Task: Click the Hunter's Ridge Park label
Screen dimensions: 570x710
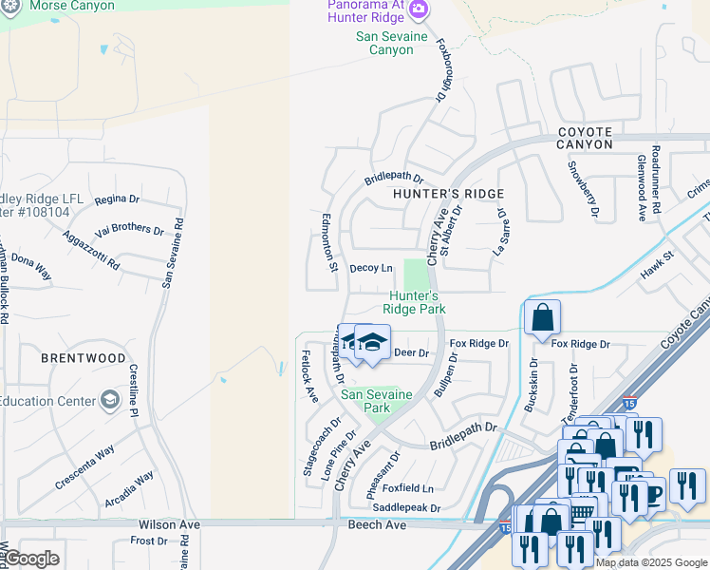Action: pyautogui.click(x=415, y=302)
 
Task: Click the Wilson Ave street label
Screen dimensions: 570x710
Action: pyautogui.click(x=169, y=524)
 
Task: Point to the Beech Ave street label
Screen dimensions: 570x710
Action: pyautogui.click(x=377, y=524)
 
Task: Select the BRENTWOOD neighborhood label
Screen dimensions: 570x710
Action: pyautogui.click(x=84, y=358)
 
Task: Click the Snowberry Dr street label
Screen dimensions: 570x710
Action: pyautogui.click(x=582, y=187)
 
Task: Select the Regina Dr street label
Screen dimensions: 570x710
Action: pyautogui.click(x=117, y=199)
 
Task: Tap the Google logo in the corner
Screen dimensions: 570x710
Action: pyautogui.click(x=30, y=559)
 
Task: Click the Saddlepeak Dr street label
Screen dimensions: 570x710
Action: pyautogui.click(x=405, y=507)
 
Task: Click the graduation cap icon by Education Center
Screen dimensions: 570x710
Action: pyautogui.click(x=111, y=400)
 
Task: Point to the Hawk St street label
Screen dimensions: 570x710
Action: pyautogui.click(x=656, y=256)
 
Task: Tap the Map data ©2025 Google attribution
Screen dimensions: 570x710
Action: pyautogui.click(x=652, y=562)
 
